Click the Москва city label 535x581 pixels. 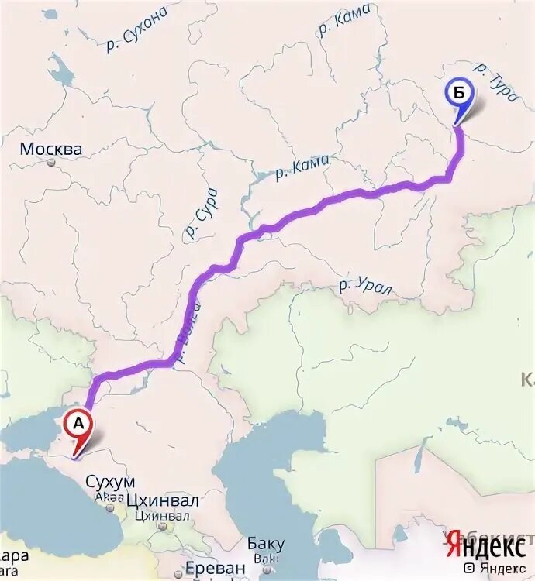pos(51,149)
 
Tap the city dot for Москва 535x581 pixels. pos(51,163)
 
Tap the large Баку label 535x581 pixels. pos(266,544)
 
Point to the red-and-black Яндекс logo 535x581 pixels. pos(485,546)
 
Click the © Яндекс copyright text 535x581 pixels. pos(494,567)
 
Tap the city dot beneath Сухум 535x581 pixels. pos(110,509)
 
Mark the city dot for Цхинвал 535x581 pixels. pos(163,527)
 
